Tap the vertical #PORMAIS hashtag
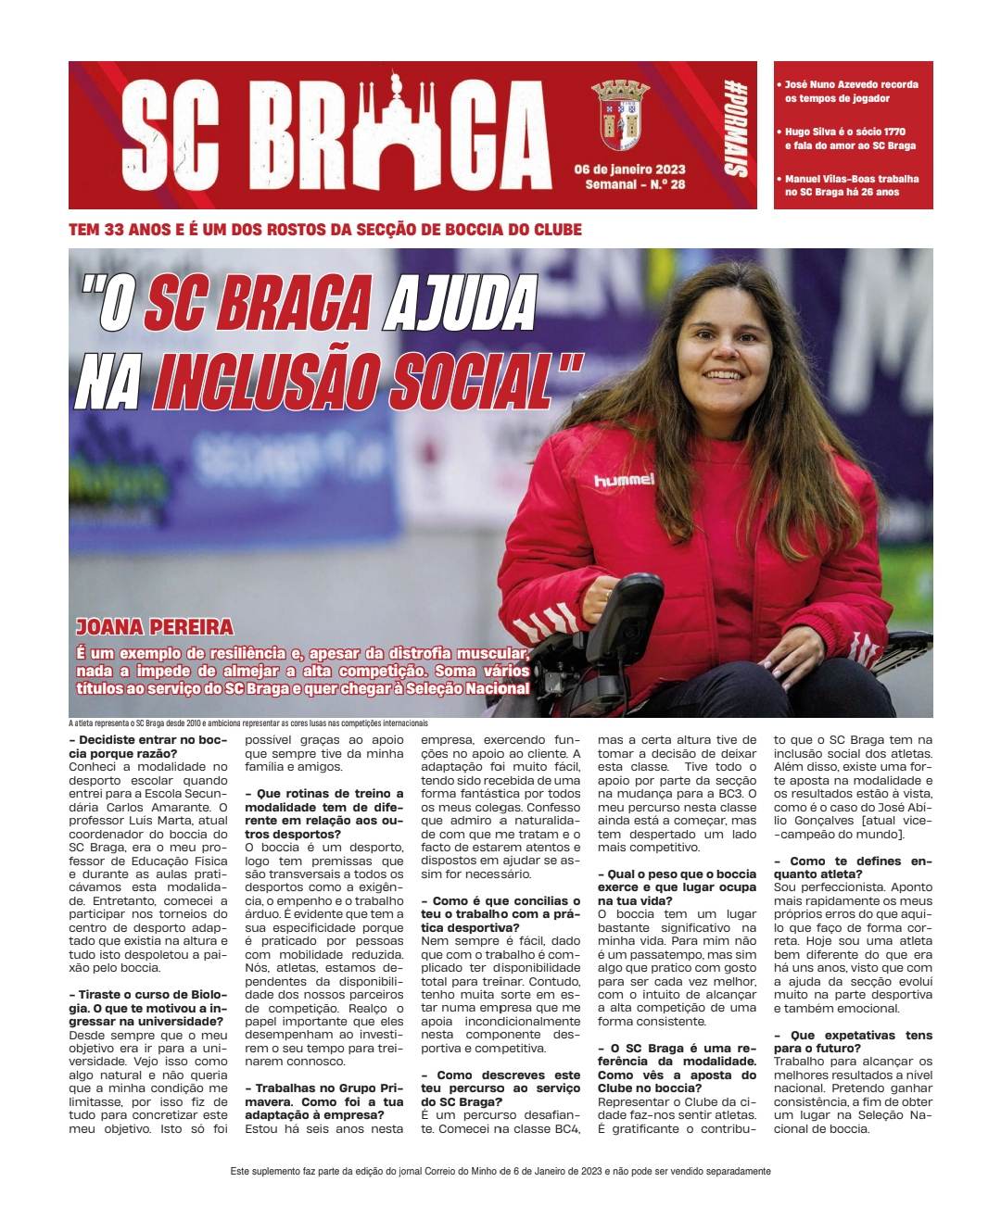(x=739, y=132)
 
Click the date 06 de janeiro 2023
(x=629, y=170)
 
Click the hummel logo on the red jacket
(x=624, y=480)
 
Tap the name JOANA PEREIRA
(x=155, y=626)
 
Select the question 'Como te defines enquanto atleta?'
(x=853, y=867)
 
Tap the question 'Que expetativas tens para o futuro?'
(x=853, y=1041)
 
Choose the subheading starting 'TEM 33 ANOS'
(x=325, y=229)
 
